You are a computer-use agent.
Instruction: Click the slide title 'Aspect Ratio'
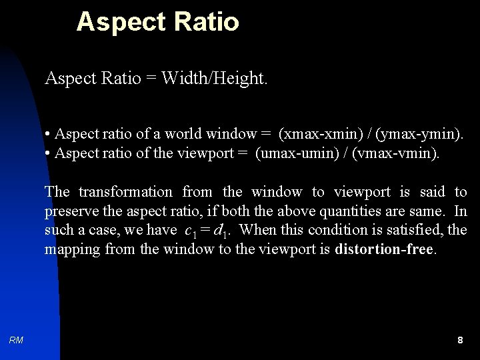(x=157, y=22)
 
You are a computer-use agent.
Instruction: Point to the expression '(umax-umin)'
(x=294, y=153)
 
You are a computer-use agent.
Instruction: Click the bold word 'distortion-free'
(x=384, y=250)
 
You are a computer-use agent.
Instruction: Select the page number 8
(x=460, y=340)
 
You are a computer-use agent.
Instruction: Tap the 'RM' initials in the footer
(x=17, y=340)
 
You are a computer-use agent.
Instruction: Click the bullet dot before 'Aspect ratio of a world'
(x=49, y=135)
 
